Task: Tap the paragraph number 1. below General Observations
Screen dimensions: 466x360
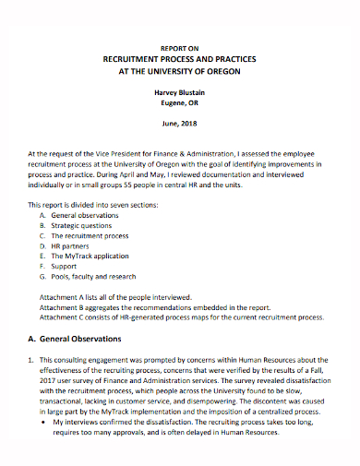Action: pos(30,361)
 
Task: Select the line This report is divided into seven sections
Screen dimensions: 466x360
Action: pos(94,203)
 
